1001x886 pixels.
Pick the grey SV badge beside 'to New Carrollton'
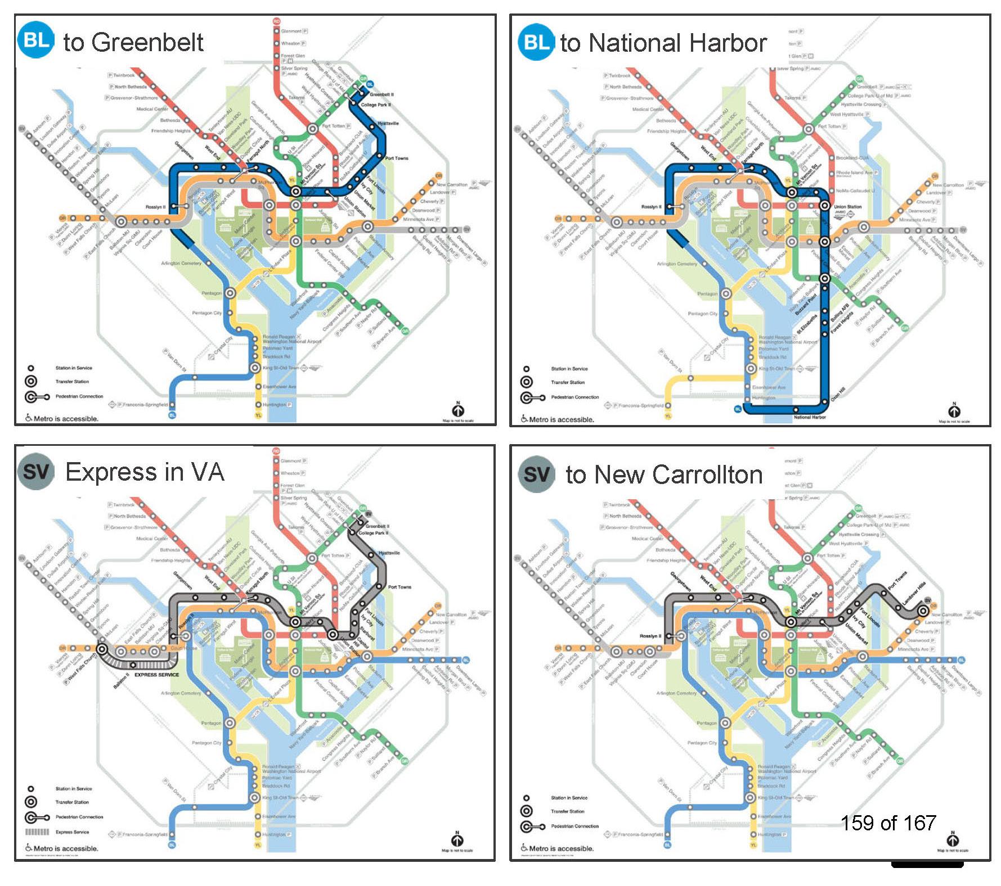(536, 474)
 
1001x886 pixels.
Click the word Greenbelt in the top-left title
(147, 42)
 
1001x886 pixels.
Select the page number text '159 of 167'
(888, 823)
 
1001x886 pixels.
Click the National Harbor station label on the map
(809, 417)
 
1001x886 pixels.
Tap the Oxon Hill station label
(838, 393)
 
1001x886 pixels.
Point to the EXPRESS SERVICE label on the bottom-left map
(156, 675)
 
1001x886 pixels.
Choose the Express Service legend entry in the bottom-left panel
(72, 832)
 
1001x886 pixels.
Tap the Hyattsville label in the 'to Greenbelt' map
(388, 123)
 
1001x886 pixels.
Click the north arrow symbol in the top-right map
(954, 410)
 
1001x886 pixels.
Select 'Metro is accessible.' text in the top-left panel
(65, 418)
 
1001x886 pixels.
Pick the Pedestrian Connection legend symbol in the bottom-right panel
(532, 826)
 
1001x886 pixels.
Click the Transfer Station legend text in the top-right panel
(567, 382)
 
